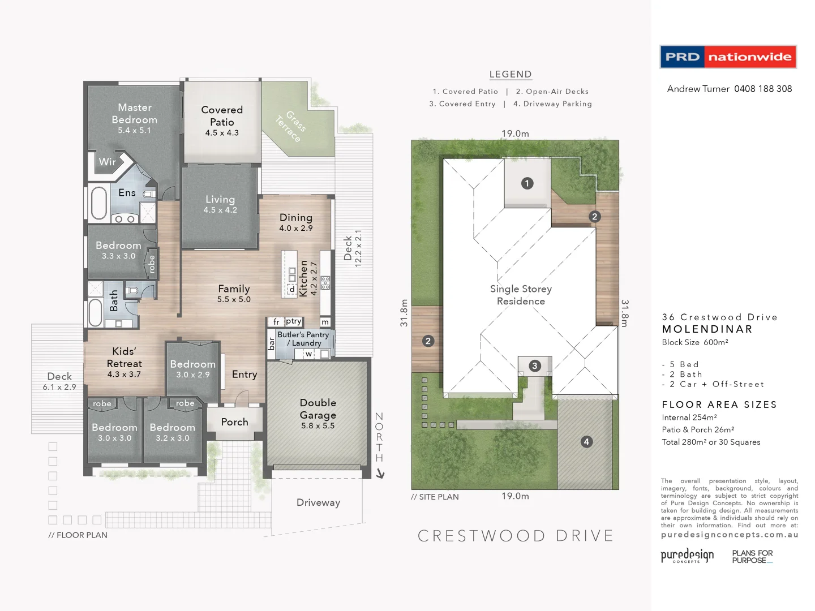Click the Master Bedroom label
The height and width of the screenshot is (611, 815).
134,114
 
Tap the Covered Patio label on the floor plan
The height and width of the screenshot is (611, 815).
222,116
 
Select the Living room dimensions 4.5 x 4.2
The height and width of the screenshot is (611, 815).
220,210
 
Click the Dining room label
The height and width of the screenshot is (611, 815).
295,218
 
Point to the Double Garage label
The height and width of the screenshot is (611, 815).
318,409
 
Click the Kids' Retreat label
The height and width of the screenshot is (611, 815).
124,358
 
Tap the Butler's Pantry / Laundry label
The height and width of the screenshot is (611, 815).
303,339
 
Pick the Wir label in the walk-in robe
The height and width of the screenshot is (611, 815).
107,162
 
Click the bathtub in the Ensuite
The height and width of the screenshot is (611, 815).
99,203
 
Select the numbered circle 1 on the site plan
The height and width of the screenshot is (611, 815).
527,183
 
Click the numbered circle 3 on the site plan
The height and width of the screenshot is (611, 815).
534,365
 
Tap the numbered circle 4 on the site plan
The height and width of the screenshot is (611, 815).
586,441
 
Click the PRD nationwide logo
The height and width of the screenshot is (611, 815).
728,57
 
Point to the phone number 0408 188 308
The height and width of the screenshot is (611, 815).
763,89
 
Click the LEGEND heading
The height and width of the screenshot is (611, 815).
510,74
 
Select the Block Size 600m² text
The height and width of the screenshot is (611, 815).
694,342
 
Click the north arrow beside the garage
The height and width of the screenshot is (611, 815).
380,473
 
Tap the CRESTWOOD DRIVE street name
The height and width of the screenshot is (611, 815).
516,536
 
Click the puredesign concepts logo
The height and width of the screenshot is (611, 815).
687,556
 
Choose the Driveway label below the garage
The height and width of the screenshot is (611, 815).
318,502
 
